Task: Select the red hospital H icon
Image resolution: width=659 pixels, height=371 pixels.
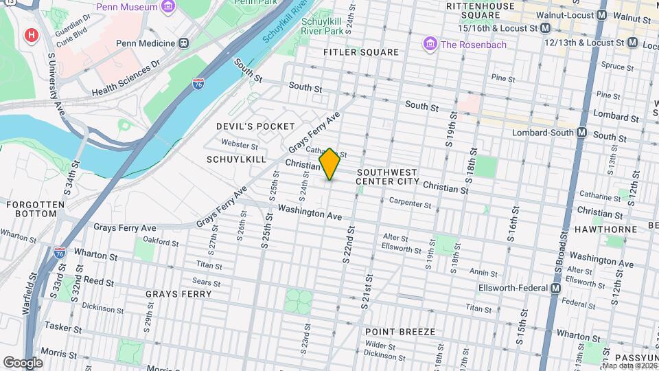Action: point(30,35)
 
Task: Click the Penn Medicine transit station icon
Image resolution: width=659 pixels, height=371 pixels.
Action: point(183,43)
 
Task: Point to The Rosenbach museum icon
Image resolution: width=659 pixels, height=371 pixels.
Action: point(430,45)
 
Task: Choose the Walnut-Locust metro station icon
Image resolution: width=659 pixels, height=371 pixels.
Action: point(602,14)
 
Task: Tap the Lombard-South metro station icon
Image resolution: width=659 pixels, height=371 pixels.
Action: point(581,132)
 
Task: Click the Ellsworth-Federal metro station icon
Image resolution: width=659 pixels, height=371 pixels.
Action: point(555,289)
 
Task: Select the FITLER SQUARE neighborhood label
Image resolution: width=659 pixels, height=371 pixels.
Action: point(361,52)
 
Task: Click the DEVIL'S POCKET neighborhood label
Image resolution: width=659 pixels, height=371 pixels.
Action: point(255,126)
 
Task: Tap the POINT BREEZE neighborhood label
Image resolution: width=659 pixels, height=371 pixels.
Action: point(400,332)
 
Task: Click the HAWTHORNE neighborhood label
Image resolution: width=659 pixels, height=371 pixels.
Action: point(602,229)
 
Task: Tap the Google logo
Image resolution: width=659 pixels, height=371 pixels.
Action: point(23,362)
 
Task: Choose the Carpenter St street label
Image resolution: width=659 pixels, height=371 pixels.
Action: point(410,203)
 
